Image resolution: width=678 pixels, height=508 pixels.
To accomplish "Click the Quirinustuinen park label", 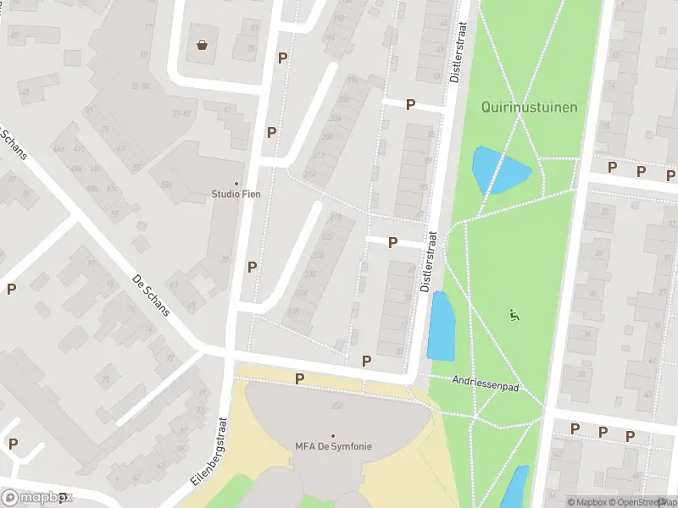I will click(x=529, y=107).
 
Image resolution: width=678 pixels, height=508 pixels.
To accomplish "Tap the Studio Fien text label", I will click(x=236, y=194).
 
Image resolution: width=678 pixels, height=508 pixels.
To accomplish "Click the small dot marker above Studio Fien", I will click(x=236, y=183).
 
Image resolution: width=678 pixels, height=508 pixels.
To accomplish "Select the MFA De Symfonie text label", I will click(x=333, y=446).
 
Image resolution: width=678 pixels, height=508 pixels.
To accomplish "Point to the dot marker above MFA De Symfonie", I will click(x=333, y=435).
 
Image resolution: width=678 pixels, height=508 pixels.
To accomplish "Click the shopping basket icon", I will click(x=203, y=45).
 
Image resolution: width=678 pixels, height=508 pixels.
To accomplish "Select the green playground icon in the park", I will click(x=513, y=315).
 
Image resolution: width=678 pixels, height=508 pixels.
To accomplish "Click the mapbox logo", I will click(x=36, y=497).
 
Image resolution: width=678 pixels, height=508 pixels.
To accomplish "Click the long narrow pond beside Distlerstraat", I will click(x=442, y=326).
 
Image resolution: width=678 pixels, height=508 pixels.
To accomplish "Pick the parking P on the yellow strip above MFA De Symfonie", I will click(x=299, y=378).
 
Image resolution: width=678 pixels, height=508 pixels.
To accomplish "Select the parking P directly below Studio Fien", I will click(x=252, y=267).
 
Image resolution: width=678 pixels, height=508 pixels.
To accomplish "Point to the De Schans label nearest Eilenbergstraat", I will click(x=153, y=294).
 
